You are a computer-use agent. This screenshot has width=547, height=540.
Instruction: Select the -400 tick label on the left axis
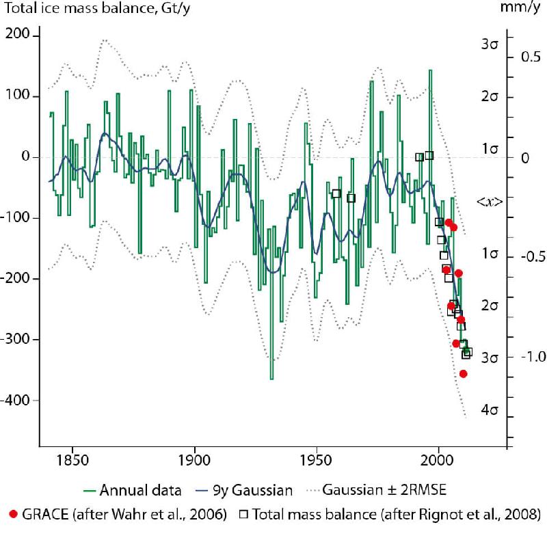[18, 401]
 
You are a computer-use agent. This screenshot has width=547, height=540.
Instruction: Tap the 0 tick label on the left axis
[27, 157]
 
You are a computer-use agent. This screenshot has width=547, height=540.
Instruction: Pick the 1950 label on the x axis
[317, 463]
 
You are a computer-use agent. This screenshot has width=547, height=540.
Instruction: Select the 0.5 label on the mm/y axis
[531, 57]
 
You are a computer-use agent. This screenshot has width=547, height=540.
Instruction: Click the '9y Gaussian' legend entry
[257, 489]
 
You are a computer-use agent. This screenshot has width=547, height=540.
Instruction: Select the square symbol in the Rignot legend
[243, 514]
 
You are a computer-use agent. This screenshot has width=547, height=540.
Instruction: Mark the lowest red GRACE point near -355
[463, 374]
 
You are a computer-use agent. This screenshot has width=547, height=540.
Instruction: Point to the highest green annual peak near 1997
[430, 70]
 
